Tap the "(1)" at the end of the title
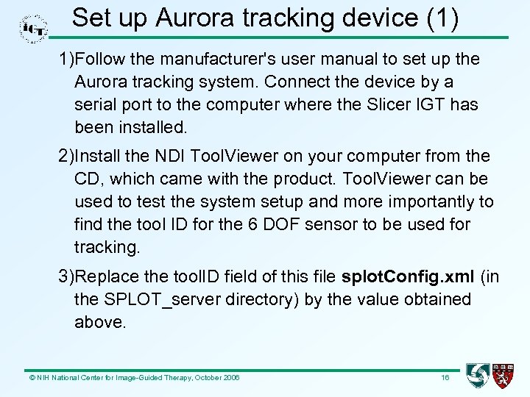443,18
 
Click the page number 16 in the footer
445,377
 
